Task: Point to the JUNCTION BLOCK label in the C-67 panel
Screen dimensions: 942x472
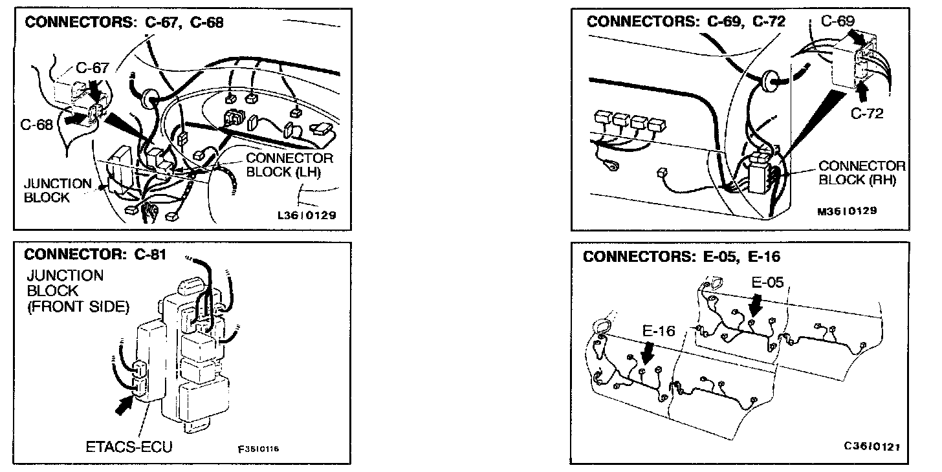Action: click(58, 190)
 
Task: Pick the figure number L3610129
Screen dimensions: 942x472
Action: click(306, 215)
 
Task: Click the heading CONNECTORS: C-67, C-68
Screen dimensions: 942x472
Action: click(124, 23)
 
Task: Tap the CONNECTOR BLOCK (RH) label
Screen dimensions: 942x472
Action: click(862, 173)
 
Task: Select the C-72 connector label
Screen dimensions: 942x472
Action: click(867, 114)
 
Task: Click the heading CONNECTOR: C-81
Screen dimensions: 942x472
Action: click(95, 254)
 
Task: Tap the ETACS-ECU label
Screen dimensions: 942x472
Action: click(129, 447)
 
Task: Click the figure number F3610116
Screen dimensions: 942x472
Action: click(258, 449)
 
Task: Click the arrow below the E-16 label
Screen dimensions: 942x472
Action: click(648, 352)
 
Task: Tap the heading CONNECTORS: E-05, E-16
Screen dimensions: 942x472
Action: click(682, 257)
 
